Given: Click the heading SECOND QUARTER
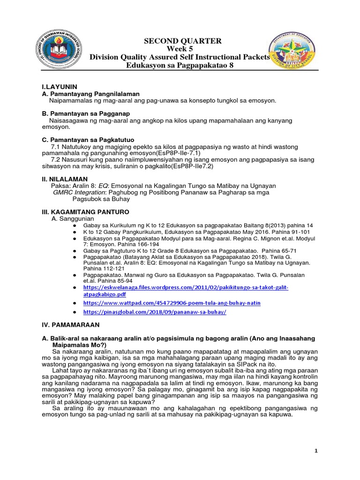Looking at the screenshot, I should [x=180, y=41].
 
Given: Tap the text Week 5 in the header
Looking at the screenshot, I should [x=180, y=49].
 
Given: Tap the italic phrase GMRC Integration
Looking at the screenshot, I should [x=80, y=192].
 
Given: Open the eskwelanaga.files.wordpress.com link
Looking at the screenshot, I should [x=186, y=291].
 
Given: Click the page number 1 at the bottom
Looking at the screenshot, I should [x=316, y=451].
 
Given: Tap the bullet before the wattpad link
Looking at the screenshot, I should [x=75, y=303].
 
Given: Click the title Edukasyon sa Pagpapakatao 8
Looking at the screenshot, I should [x=180, y=65].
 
